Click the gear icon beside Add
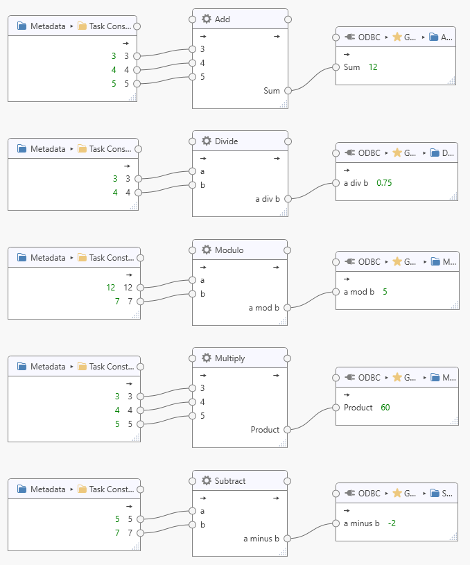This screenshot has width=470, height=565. point(206,19)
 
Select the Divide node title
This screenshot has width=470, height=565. point(226,141)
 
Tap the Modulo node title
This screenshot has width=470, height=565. point(229,250)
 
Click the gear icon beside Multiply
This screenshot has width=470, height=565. point(206,358)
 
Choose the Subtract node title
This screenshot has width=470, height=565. point(229,481)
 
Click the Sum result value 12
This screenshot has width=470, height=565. point(373,67)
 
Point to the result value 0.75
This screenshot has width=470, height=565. point(384,183)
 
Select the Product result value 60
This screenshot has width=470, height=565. point(385,408)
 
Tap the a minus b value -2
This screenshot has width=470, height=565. point(392,523)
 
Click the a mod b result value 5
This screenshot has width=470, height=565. point(385,292)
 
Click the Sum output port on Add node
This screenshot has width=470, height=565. point(288,90)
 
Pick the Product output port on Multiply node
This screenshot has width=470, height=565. point(288,430)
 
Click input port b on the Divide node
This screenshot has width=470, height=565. point(192,185)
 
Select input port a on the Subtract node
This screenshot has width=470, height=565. point(192,511)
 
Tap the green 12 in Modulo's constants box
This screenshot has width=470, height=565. point(110,287)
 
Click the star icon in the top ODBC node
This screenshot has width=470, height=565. point(397,37)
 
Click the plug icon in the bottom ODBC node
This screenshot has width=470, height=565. point(349,494)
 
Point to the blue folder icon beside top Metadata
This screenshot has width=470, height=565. point(21,26)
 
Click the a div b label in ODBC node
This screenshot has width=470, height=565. point(356,183)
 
